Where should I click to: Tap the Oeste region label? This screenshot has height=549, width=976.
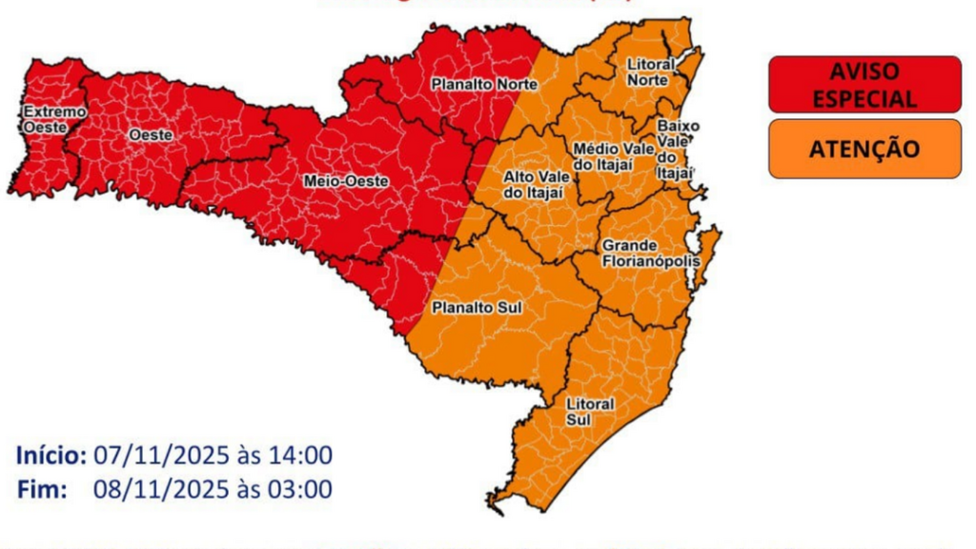point(151,135)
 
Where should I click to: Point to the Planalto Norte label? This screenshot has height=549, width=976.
point(484,84)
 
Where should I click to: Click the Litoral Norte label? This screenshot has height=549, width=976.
point(651,72)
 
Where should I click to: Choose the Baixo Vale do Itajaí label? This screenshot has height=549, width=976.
point(678,149)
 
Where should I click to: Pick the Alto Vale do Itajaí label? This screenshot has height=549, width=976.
point(534,184)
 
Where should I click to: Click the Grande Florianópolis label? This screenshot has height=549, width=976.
point(650,253)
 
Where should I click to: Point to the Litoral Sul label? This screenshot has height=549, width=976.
point(590,412)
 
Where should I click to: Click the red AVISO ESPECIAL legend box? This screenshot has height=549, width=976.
point(864,84)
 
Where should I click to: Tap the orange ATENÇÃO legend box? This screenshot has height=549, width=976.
point(864,150)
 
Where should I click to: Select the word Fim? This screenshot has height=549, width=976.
point(41,490)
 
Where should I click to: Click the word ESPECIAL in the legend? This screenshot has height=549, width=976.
point(864,98)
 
